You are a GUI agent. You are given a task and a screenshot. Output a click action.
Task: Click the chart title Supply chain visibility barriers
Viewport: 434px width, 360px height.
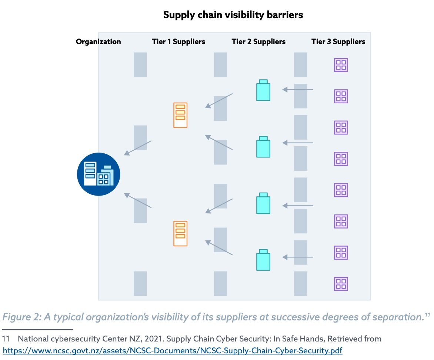[233, 15]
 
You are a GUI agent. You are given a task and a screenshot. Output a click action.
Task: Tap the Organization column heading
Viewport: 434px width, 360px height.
[99, 41]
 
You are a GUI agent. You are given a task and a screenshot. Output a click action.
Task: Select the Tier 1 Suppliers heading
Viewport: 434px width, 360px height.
[178, 41]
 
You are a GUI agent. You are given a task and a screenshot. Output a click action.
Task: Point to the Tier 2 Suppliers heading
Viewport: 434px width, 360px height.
[258, 41]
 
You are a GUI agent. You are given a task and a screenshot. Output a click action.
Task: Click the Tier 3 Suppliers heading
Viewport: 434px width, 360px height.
[338, 41]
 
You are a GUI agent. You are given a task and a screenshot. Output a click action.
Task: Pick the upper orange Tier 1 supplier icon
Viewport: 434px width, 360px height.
[180, 115]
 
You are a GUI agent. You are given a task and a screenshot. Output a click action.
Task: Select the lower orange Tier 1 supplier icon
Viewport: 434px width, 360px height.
[180, 233]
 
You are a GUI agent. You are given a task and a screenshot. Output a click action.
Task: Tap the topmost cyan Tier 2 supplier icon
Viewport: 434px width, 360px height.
[263, 90]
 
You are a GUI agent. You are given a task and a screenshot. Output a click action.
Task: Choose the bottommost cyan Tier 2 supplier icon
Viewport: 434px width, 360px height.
[263, 260]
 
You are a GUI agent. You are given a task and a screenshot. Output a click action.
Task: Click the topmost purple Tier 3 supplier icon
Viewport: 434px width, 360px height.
[341, 65]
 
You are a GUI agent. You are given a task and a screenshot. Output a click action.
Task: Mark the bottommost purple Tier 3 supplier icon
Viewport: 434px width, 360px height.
[341, 284]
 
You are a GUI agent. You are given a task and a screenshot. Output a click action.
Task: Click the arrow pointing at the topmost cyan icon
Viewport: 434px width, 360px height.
[298, 90]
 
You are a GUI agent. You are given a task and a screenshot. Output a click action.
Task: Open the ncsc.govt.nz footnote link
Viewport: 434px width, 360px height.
[173, 350]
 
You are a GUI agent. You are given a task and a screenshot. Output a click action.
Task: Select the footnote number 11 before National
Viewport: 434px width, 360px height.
[6, 339]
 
